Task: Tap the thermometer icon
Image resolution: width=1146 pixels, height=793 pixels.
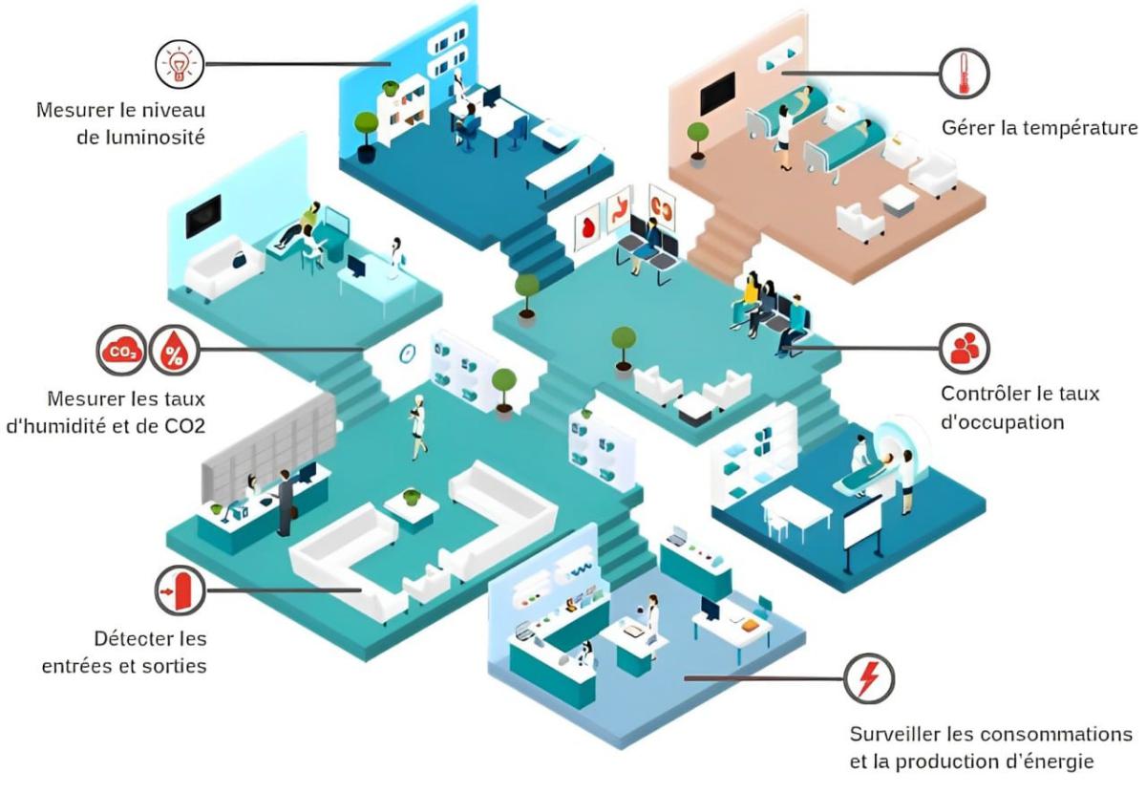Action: (964, 73)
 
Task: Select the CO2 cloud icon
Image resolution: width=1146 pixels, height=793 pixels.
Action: (121, 351)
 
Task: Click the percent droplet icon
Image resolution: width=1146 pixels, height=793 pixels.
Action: (174, 351)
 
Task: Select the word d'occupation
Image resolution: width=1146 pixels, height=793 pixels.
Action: (1002, 421)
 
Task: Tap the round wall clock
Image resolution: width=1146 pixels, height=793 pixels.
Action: (408, 353)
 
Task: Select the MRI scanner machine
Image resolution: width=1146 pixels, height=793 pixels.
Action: (898, 449)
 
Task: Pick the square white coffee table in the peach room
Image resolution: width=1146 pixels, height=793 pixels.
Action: (899, 200)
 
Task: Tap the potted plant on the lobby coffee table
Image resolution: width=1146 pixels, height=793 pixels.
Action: (411, 497)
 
